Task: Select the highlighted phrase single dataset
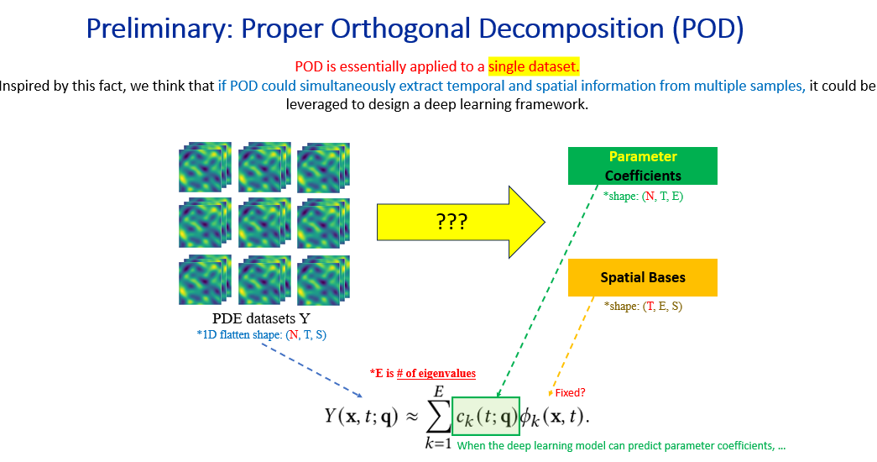pyautogui.click(x=534, y=66)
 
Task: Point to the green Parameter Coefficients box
pyautogui.click(x=643, y=166)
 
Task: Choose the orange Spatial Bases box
pyautogui.click(x=643, y=277)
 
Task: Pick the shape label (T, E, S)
pyautogui.click(x=643, y=307)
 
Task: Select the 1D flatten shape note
pyautogui.click(x=261, y=335)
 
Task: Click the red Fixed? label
pyautogui.click(x=570, y=392)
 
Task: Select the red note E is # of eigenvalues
pyautogui.click(x=422, y=373)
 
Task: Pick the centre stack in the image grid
pyautogui.click(x=264, y=225)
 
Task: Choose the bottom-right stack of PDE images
pyautogui.click(x=323, y=281)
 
